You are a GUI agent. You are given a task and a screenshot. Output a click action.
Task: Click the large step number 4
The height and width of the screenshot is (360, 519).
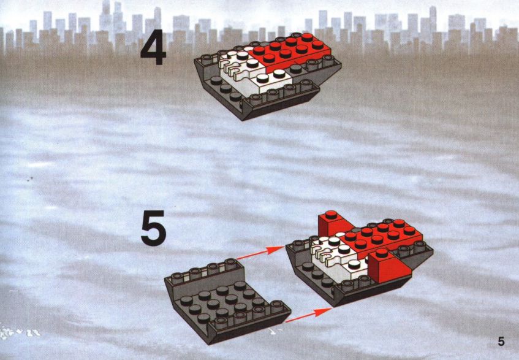click(153, 47)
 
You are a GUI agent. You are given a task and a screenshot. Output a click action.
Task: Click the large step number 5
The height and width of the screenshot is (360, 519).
click(153, 228)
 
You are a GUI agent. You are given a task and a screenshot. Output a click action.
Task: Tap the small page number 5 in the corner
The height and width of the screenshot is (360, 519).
click(501, 341)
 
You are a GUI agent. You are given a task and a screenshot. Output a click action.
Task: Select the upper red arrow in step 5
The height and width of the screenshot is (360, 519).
click(260, 253)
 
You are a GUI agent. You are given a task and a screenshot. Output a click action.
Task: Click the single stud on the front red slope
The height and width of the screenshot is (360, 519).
click(382, 253)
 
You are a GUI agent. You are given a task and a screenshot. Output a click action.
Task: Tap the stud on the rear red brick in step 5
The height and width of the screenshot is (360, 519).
click(331, 215)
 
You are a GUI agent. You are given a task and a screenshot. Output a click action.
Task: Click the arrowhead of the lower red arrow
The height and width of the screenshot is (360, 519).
click(323, 312)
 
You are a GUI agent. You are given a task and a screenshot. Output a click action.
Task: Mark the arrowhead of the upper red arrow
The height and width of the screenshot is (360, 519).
click(276, 249)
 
